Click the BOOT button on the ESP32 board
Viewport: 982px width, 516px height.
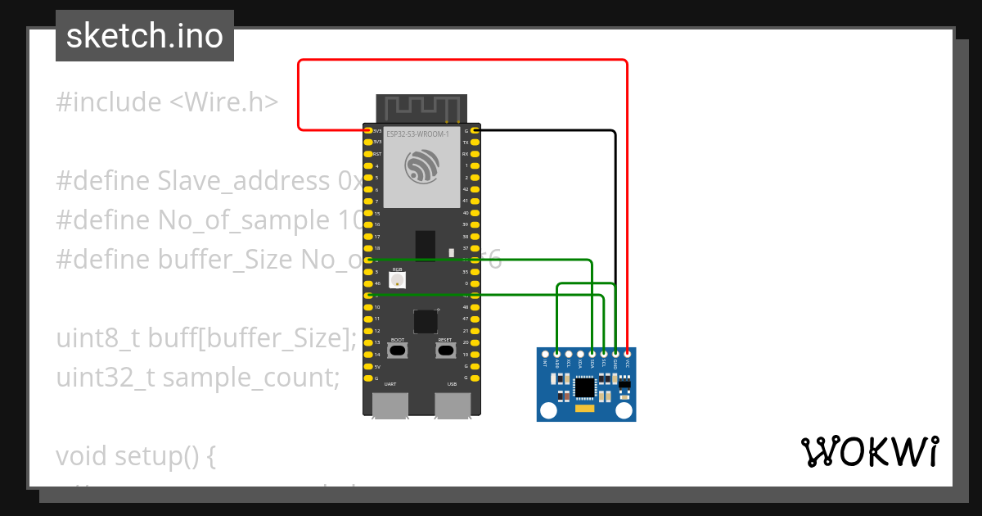coord(398,351)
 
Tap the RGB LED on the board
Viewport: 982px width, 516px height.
coord(398,280)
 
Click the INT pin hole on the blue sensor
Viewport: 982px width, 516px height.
coord(545,354)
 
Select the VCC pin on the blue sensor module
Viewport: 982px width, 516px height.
coord(627,354)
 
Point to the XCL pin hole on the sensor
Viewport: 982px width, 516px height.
coord(569,354)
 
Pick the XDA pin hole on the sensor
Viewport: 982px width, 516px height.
coord(580,354)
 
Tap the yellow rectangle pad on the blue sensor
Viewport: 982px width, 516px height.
coord(585,407)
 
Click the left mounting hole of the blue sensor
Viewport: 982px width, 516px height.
coord(549,410)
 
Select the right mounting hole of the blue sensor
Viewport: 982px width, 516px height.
coord(624,410)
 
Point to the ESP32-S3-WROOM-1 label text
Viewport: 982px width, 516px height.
coord(417,134)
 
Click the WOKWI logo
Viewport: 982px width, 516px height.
coord(869,451)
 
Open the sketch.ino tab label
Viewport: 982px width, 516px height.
coord(145,36)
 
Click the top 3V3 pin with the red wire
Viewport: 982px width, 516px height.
coord(367,130)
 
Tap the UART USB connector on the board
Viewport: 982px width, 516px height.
coord(390,405)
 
